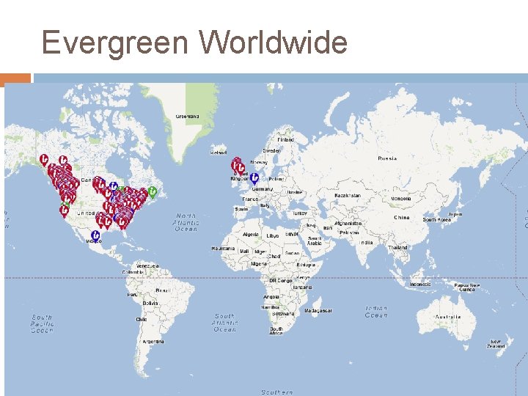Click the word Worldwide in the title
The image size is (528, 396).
(x=273, y=43)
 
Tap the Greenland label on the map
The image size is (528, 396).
(x=187, y=116)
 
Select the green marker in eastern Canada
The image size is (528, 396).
(x=153, y=192)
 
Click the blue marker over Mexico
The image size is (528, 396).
(x=95, y=236)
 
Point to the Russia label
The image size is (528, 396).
(x=386, y=158)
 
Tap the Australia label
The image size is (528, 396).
(x=448, y=317)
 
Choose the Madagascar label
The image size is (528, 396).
(x=323, y=310)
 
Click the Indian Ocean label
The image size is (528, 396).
(x=376, y=312)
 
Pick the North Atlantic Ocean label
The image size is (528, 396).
(x=186, y=222)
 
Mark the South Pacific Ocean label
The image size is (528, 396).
(x=43, y=324)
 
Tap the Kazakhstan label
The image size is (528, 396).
(x=347, y=195)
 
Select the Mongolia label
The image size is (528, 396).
(x=401, y=198)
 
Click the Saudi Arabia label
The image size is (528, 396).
(x=315, y=241)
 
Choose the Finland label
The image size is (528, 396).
(x=285, y=139)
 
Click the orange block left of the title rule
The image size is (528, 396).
(x=16, y=78)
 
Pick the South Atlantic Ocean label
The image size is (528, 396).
(x=225, y=323)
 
